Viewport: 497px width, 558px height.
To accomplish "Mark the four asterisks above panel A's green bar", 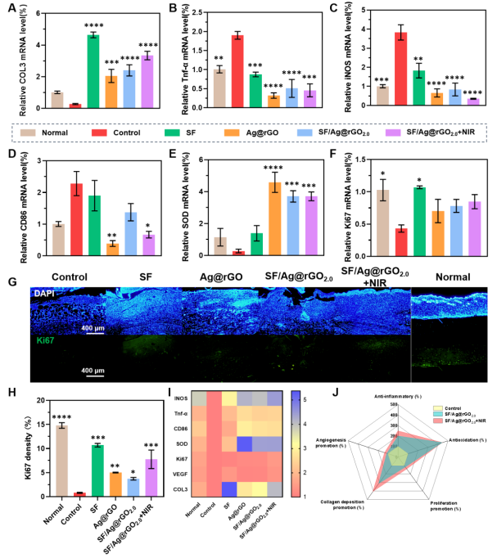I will tap(93, 26).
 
